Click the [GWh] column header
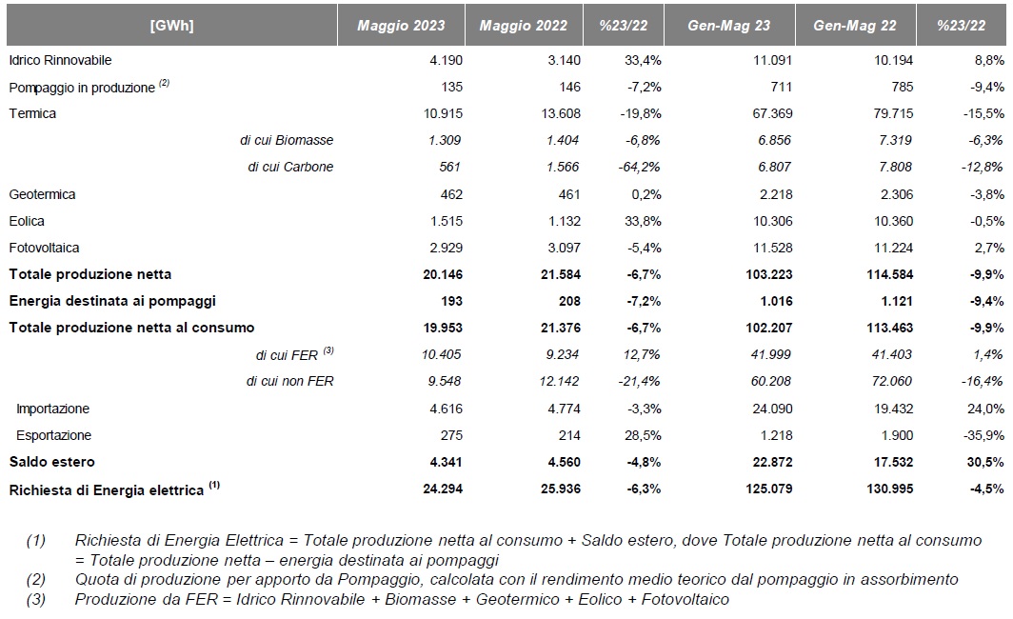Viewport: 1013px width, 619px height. (x=171, y=25)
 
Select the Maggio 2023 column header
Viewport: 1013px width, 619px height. (x=401, y=25)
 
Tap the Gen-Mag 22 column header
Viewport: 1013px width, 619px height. (x=855, y=25)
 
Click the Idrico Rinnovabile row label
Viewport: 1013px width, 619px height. (x=60, y=60)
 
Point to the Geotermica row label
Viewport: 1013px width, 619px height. (x=42, y=194)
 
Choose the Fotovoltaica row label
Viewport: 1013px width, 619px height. (x=44, y=248)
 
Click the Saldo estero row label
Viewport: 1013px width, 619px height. (x=51, y=462)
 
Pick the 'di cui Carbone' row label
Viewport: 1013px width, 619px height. (x=290, y=167)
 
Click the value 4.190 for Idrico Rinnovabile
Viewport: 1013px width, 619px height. (x=446, y=60)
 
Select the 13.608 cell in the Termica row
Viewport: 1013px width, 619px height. (x=561, y=113)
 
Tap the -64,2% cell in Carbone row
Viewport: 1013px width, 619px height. (x=640, y=167)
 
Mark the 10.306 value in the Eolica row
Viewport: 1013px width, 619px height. (x=773, y=221)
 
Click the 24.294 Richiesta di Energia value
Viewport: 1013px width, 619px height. (x=443, y=489)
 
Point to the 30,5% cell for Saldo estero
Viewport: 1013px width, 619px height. (x=986, y=462)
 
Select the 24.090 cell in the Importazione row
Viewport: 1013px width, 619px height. (x=773, y=409)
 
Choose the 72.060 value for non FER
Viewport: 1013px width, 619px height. (x=891, y=381)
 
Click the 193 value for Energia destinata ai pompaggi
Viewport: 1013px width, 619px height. (x=451, y=301)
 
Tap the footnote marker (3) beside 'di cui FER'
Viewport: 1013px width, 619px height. (x=328, y=350)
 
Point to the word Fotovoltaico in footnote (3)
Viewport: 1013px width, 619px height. (x=685, y=600)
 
